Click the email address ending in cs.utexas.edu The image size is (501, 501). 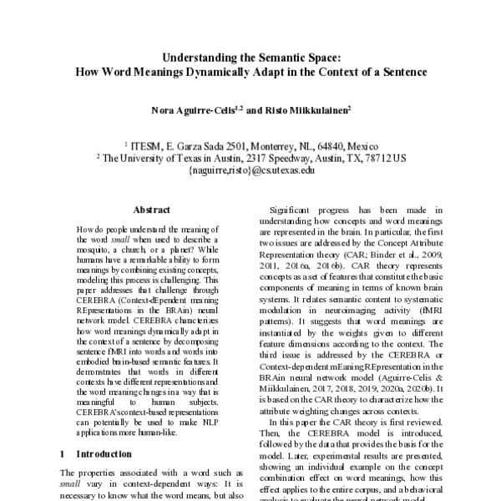point(250,169)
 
